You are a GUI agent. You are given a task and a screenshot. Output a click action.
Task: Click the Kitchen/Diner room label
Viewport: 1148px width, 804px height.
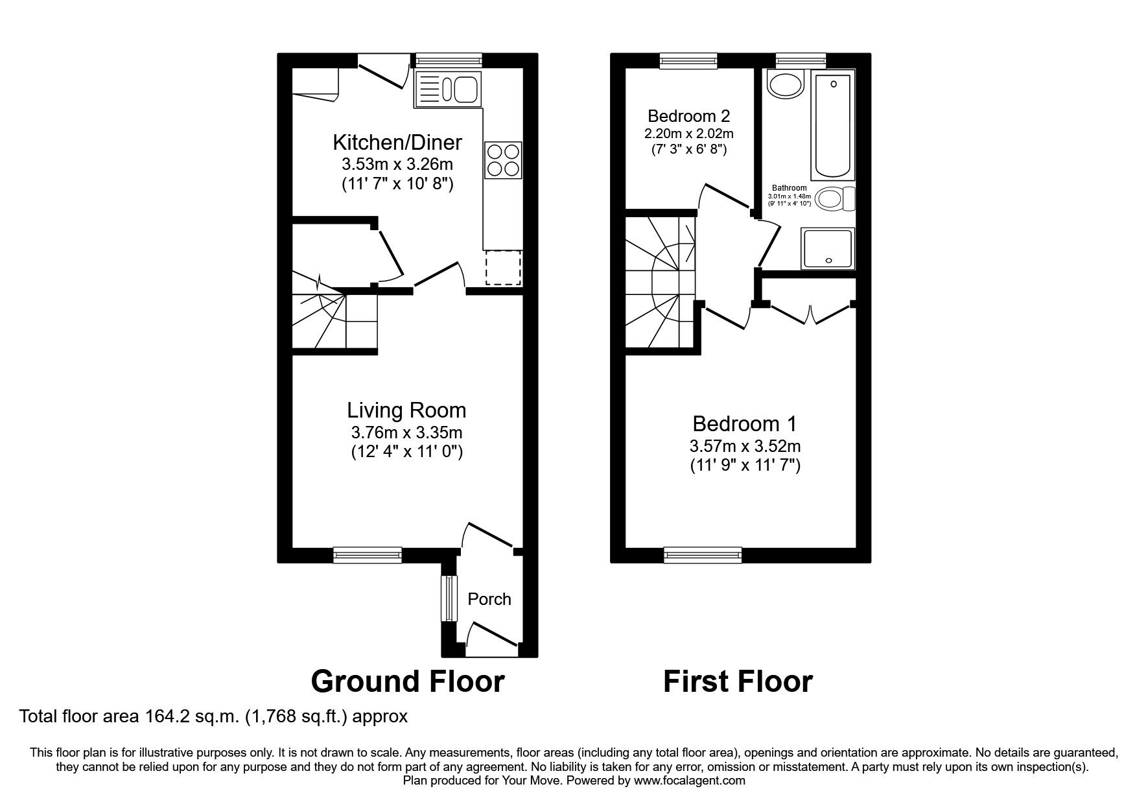[x=397, y=142]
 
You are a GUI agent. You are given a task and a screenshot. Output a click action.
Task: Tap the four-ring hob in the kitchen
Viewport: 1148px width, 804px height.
[x=503, y=160]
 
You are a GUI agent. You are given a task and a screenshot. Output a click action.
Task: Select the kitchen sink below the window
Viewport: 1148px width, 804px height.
[x=447, y=89]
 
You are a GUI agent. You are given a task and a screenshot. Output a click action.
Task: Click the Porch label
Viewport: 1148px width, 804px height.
[x=489, y=599]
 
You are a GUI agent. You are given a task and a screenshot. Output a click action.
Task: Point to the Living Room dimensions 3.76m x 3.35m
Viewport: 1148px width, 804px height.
[x=406, y=432]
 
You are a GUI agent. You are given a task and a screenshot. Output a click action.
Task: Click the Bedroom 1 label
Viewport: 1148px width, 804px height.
[x=744, y=424]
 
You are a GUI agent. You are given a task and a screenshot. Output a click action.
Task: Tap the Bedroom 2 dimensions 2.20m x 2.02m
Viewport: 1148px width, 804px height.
[x=688, y=134]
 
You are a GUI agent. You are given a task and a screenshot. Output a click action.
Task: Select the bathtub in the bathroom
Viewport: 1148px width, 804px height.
[x=833, y=126]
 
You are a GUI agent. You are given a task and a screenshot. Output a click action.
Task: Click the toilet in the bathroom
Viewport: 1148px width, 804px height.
[x=834, y=198]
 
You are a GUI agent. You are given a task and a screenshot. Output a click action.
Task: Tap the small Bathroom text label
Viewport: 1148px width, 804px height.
[x=789, y=188]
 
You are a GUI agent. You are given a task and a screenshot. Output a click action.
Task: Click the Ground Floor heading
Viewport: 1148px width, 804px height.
[x=407, y=681]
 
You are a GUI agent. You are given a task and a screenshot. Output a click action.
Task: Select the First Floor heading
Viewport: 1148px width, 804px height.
[x=737, y=681]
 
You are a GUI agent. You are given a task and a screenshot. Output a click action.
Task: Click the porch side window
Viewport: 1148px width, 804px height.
[x=445, y=598]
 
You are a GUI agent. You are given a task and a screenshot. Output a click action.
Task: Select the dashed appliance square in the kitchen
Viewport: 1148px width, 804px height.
[x=503, y=267]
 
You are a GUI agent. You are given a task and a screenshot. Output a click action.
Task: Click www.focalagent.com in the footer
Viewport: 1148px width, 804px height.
[x=689, y=781]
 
